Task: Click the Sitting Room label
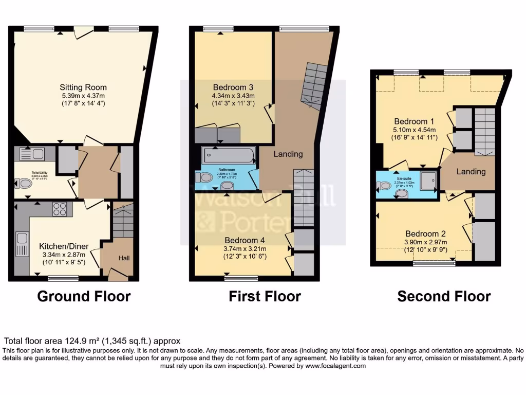[83, 87]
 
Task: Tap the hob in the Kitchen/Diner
[60, 209]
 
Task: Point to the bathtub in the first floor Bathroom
[228, 155]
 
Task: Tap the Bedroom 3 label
[233, 87]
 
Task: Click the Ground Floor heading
[84, 296]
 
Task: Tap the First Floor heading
[265, 296]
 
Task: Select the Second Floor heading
[444, 296]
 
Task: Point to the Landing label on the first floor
[288, 153]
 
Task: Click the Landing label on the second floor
[471, 171]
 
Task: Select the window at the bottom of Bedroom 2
[435, 263]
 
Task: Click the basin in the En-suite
[402, 193]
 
